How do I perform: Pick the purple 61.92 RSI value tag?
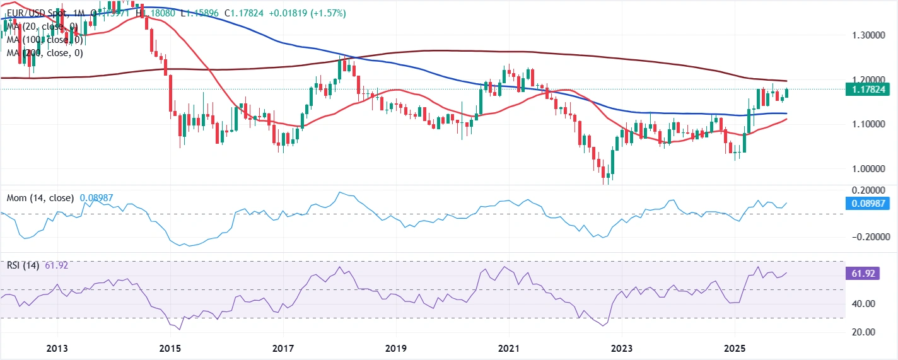tap(861, 274)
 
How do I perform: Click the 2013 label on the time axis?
tap(57, 348)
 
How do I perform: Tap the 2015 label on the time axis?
tap(170, 348)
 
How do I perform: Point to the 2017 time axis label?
tap(283, 348)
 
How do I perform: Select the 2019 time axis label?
tap(396, 348)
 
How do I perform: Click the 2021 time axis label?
tap(509, 348)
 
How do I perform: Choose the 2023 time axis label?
tap(622, 348)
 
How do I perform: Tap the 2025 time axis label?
tap(735, 348)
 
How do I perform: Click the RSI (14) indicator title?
tap(23, 266)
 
